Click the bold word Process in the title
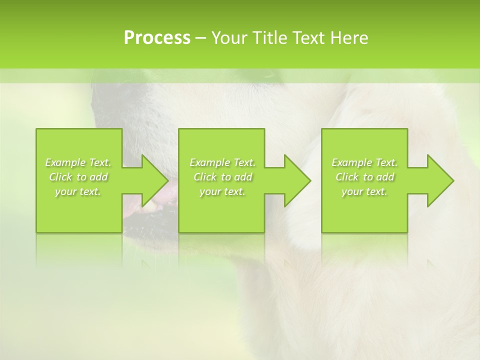point(157,38)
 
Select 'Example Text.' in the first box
point(78,162)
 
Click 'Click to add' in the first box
point(78,177)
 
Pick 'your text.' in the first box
point(78,191)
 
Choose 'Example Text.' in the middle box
point(222,162)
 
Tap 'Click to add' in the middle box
point(222,177)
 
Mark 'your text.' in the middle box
point(222,191)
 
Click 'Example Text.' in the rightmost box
point(364,162)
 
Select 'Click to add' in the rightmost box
point(364,177)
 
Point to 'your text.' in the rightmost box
point(364,191)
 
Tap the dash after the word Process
point(201,38)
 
